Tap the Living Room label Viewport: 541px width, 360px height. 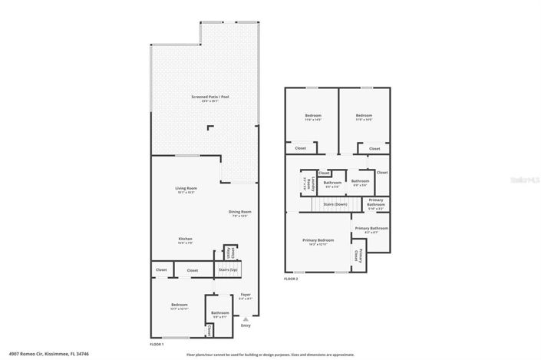click(x=186, y=190)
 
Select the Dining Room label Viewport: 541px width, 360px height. click(x=240, y=213)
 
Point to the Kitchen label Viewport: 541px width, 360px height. click(x=185, y=240)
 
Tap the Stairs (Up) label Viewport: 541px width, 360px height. click(x=228, y=270)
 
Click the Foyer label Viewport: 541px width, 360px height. click(x=246, y=296)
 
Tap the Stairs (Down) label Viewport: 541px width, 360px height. click(x=335, y=205)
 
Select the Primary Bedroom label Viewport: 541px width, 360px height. click(x=321, y=241)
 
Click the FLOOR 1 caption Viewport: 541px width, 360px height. click(x=157, y=345)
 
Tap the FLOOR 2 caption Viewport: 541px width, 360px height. click(x=291, y=279)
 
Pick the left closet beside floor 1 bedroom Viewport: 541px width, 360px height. click(x=161, y=270)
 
